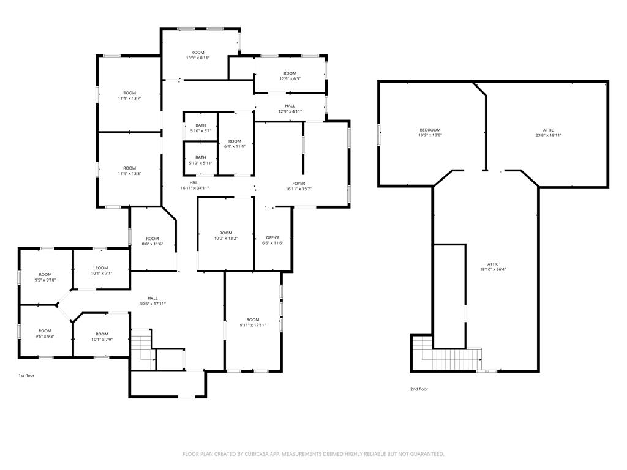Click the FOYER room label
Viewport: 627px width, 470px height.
[299, 184]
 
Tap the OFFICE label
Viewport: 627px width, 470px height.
[272, 237]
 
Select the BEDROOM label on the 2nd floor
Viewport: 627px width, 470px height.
[430, 130]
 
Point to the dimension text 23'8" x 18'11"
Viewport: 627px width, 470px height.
[548, 135]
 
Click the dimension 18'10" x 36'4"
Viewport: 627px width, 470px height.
[493, 269]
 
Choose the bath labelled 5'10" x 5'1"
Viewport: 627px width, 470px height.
[201, 128]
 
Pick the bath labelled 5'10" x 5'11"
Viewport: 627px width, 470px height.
[201, 160]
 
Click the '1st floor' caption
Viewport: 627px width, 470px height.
[26, 376]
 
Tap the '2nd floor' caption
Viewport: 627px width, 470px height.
[419, 389]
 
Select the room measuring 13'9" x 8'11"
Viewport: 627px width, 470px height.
[198, 55]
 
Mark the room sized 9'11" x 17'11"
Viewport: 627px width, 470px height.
[253, 323]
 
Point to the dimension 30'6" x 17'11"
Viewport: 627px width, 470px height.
[152, 304]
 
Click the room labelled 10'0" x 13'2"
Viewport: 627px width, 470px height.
[225, 236]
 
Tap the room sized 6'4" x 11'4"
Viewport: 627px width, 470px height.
[235, 144]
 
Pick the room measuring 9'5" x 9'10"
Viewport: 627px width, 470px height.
[45, 277]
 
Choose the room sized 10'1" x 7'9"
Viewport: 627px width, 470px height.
[102, 337]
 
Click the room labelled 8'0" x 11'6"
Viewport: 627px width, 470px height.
[152, 241]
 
